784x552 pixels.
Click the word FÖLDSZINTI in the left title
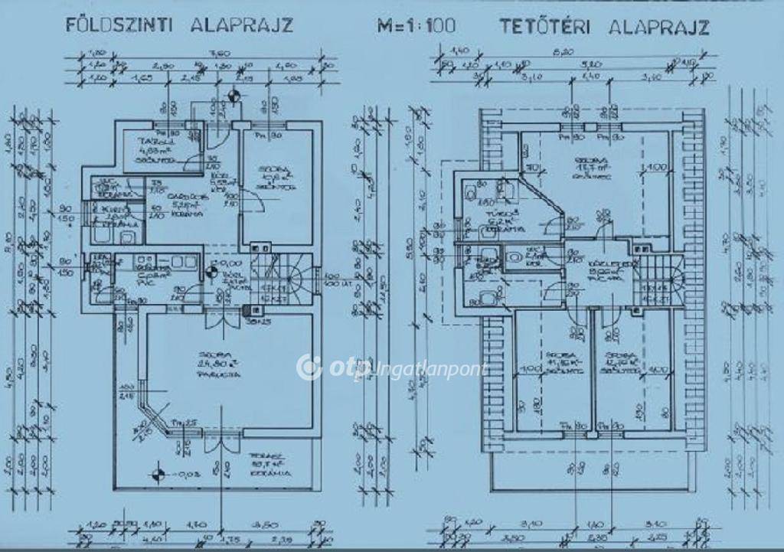point(117,24)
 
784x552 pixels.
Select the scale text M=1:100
point(416,25)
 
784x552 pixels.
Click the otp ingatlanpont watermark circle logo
point(309,367)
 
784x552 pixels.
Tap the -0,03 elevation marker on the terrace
point(157,472)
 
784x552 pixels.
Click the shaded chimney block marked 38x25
point(250,312)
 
